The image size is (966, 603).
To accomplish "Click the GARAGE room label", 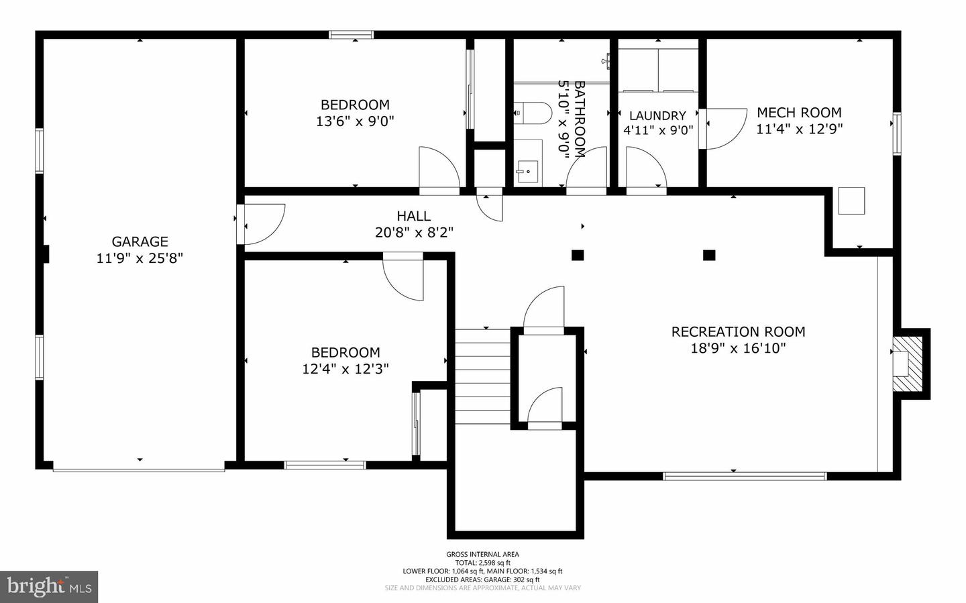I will [x=140, y=241].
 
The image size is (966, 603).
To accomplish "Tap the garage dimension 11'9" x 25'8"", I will [x=140, y=258].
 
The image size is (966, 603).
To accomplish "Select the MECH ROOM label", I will [x=799, y=113].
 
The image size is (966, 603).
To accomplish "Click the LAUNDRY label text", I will [x=657, y=115].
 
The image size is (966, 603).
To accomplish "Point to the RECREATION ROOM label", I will [x=738, y=331].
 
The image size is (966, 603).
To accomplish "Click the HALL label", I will [x=413, y=216].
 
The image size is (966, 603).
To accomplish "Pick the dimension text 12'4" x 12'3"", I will [x=345, y=369].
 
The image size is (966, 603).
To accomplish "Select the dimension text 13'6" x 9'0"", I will [x=355, y=121].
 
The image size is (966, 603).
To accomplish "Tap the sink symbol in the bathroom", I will [x=528, y=170].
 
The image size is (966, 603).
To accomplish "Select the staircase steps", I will [x=482, y=376].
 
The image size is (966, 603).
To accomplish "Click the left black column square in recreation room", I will [x=577, y=255].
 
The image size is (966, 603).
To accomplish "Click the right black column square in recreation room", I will [x=709, y=255].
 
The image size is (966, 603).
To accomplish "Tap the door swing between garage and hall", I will [x=262, y=223].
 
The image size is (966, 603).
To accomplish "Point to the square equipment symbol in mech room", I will [x=851, y=201].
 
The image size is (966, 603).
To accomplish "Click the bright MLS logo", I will [x=50, y=587].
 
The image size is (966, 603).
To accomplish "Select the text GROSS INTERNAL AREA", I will [x=482, y=554].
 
